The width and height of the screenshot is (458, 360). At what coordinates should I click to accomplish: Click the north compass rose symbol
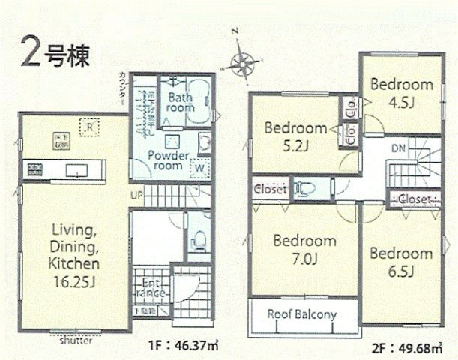click(x=241, y=62)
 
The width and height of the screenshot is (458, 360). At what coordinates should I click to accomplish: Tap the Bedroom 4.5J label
click(x=401, y=91)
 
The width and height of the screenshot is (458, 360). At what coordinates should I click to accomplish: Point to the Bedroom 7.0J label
click(x=304, y=249)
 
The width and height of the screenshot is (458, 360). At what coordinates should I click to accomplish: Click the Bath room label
click(x=181, y=103)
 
